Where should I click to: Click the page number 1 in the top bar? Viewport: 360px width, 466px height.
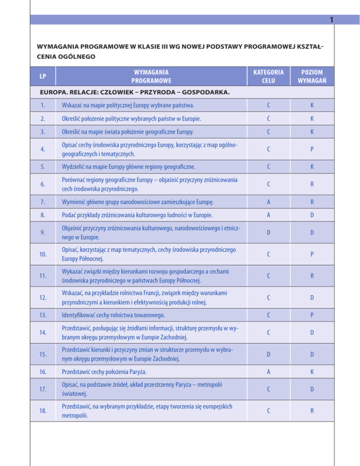[x=331, y=20]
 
